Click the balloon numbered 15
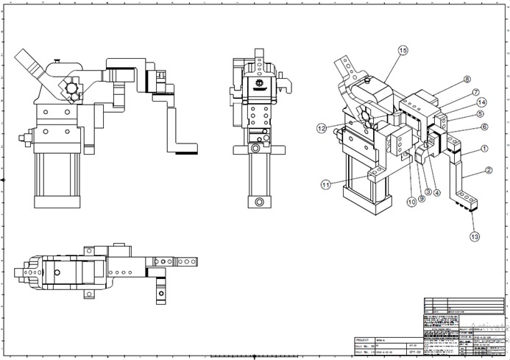[x=403, y=50]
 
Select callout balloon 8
[x=467, y=80]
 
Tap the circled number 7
[x=476, y=92]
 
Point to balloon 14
[x=481, y=102]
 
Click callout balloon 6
[x=484, y=127]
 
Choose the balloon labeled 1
[x=484, y=148]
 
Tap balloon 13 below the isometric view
[x=474, y=236]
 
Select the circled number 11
[x=326, y=185]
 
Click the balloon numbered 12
[x=322, y=128]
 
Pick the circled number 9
[x=422, y=197]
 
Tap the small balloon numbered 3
[x=428, y=191]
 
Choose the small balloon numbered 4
[x=437, y=193]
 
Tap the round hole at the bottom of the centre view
[x=258, y=202]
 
